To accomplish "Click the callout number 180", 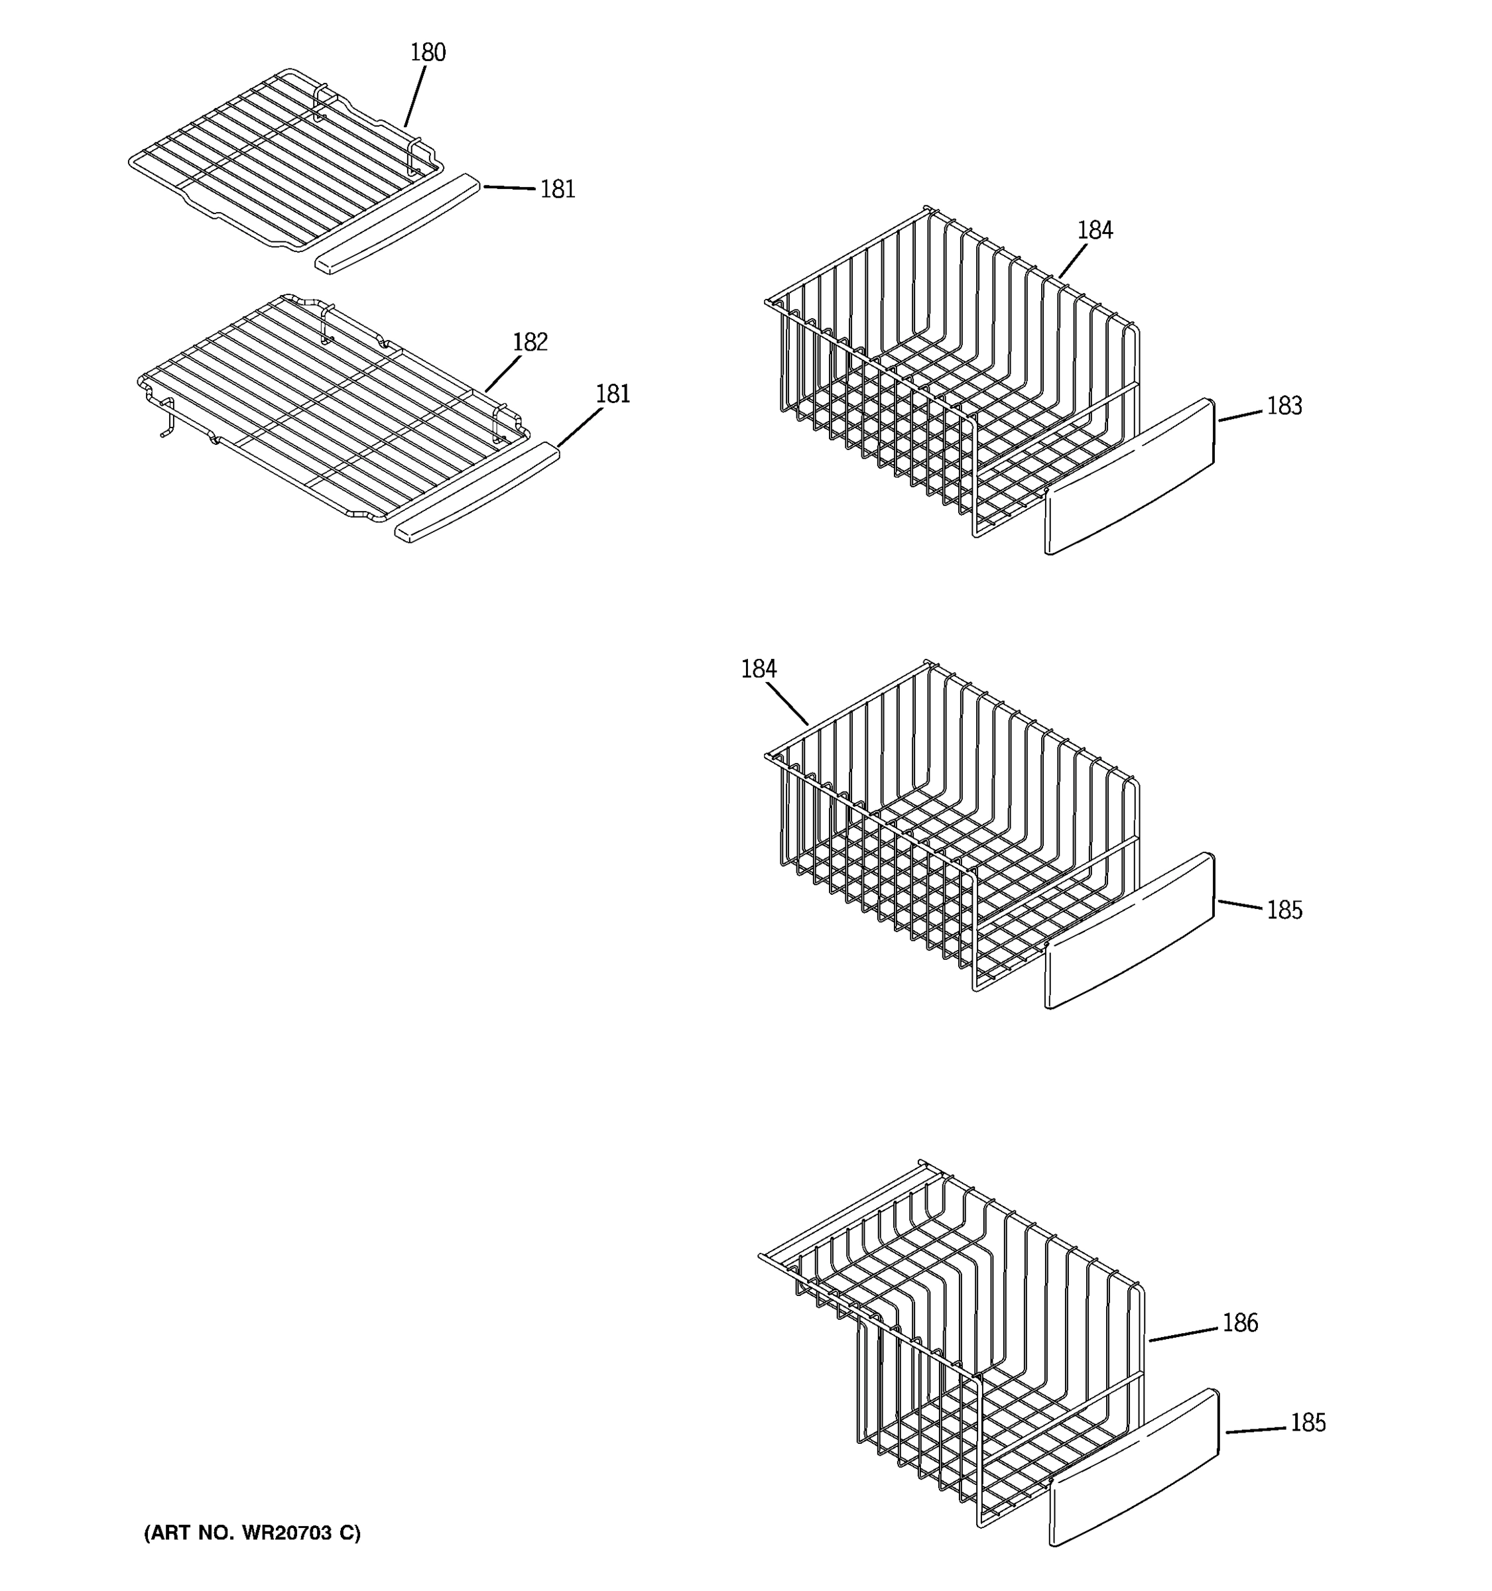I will tap(428, 53).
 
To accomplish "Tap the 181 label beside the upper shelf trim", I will tap(557, 190).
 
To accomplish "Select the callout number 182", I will tap(530, 343).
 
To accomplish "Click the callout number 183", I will tap(1284, 406).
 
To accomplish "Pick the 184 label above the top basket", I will tap(1094, 231).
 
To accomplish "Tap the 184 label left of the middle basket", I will tap(758, 669).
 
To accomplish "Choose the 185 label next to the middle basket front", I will tap(1284, 911).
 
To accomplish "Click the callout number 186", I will tap(1240, 1323).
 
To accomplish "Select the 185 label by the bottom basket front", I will tap(1308, 1423).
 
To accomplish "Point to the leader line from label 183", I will tap(1240, 414).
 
